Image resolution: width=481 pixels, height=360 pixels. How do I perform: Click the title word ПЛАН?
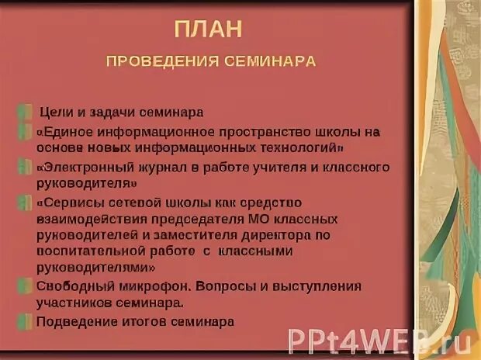tap(208, 29)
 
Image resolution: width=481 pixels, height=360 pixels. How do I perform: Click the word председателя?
tap(201, 219)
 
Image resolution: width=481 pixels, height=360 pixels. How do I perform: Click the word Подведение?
tap(73, 320)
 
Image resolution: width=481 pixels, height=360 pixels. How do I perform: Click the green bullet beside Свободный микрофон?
tap(27, 286)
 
